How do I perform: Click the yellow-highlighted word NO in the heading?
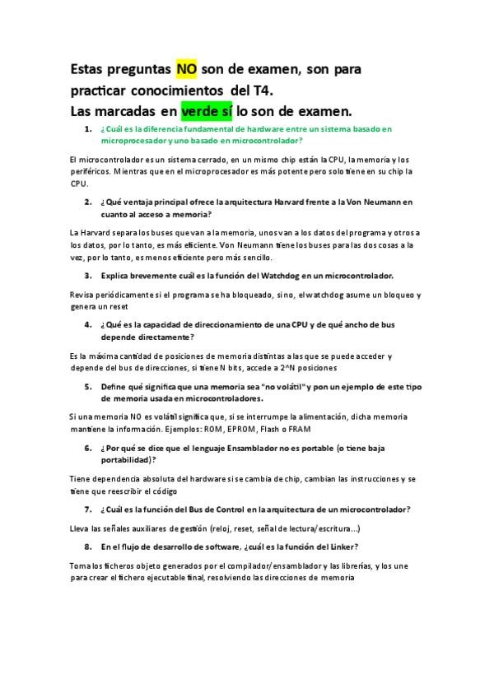click(x=186, y=68)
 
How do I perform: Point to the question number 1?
click(x=87, y=130)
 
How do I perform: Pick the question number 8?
click(x=87, y=547)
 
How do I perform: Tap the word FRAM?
click(x=296, y=428)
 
